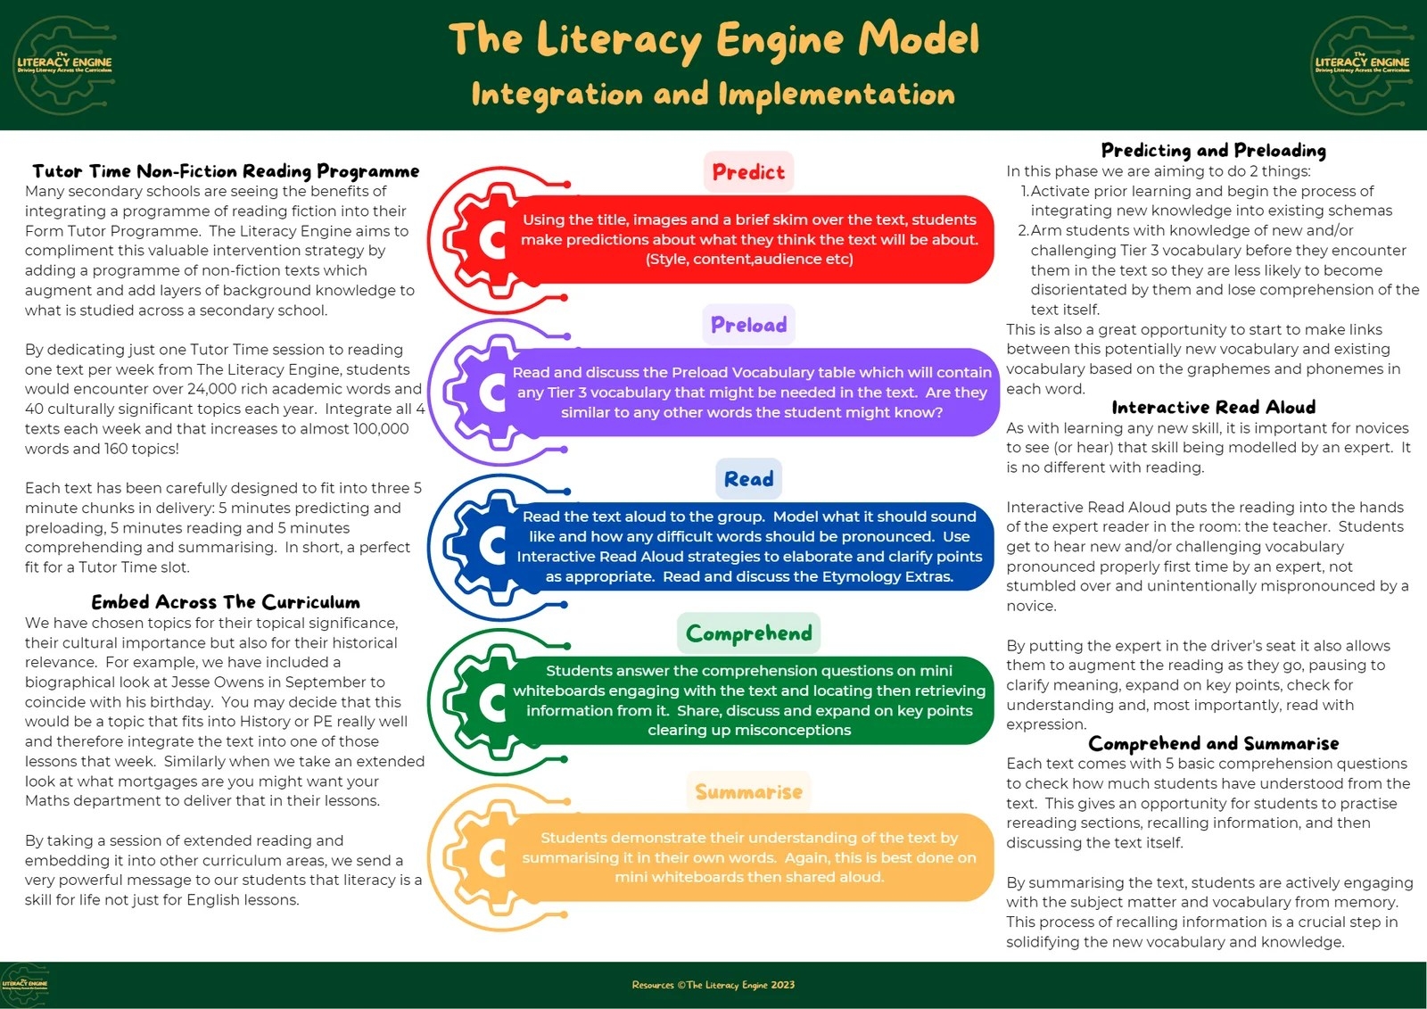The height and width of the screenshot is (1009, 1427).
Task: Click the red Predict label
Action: point(748,171)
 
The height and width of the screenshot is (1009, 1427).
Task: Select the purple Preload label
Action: point(748,324)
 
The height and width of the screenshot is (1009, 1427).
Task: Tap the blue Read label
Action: point(748,479)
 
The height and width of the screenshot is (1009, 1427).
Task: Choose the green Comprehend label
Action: point(748,633)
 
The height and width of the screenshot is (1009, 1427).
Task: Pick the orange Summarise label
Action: point(748,792)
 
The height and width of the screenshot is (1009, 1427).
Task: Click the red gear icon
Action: point(483,239)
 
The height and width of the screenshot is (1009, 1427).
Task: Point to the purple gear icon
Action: point(483,393)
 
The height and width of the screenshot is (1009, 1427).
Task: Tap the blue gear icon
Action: point(483,546)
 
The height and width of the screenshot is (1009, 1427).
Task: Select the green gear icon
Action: point(483,701)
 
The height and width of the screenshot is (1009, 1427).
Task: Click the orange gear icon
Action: point(483,857)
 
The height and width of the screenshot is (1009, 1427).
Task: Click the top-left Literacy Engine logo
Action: point(64,64)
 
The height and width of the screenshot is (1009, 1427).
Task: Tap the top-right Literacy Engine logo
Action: point(1362,64)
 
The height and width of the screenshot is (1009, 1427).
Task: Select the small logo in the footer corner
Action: point(24,985)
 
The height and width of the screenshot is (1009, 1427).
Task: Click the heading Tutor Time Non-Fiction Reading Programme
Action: point(226,170)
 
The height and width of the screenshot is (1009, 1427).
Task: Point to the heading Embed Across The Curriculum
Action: point(226,602)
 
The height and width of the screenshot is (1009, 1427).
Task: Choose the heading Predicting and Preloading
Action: point(1213,150)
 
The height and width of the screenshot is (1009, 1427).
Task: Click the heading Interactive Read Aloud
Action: point(1213,408)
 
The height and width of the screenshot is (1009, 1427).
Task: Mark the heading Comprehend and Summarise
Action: point(1213,743)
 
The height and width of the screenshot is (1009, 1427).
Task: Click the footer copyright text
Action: point(713,985)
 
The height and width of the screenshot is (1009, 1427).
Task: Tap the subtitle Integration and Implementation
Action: point(713,94)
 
